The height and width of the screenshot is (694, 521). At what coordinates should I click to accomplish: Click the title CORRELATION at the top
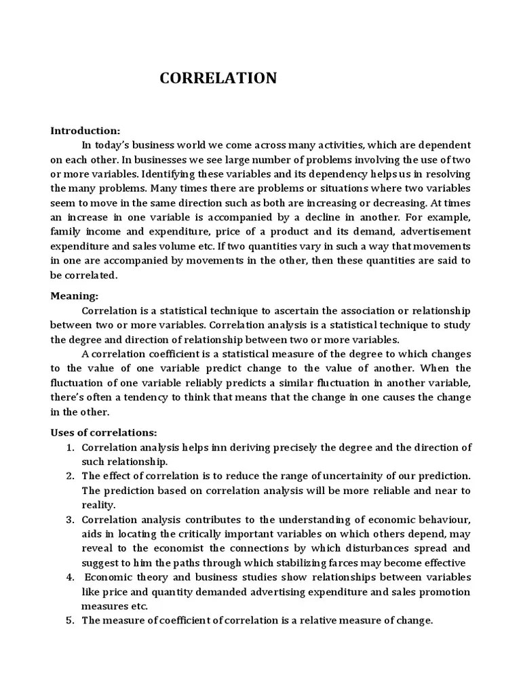[x=218, y=79]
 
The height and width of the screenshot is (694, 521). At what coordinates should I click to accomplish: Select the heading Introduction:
[x=85, y=131]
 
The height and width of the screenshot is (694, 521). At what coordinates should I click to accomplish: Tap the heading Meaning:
[x=75, y=295]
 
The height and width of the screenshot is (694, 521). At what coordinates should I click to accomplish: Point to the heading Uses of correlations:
[x=104, y=432]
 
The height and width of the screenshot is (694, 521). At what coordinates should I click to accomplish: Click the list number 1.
[x=70, y=447]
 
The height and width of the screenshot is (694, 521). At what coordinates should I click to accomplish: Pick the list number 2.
[x=70, y=476]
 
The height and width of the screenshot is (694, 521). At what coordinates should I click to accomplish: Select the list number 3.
[x=70, y=519]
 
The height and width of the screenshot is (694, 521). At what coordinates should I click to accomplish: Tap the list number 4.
[x=70, y=577]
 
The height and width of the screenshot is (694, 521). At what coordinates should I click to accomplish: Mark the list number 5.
[x=70, y=620]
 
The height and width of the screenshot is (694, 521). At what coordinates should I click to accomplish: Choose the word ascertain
[x=289, y=310]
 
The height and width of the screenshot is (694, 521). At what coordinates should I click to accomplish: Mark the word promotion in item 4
[x=442, y=592]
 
